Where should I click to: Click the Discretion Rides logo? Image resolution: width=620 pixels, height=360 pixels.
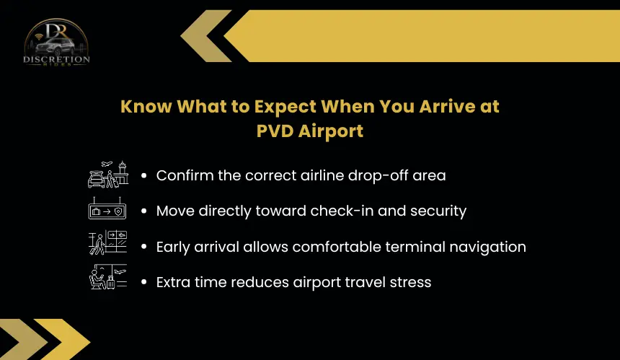56,43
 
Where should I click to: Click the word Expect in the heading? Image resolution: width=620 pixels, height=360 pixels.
285,107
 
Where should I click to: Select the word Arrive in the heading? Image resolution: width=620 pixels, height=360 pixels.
447,107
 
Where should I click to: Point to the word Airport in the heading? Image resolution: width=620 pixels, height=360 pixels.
331,132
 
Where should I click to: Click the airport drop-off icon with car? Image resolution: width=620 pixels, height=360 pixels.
108,174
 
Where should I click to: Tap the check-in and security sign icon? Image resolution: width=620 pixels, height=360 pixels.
107,208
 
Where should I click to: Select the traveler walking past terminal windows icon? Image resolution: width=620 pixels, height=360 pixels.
107,242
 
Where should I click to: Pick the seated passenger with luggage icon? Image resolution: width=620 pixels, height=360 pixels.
107,276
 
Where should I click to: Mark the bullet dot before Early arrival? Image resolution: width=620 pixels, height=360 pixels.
144,247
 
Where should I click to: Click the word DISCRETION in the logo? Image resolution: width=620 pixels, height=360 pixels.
56,59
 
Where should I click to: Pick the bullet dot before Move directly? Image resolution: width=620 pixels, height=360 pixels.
144,211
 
